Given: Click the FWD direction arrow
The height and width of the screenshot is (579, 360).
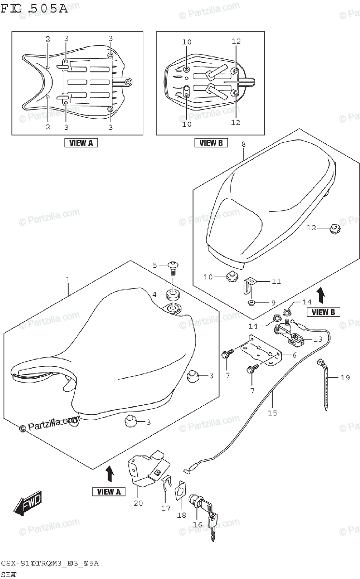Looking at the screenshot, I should (x=28, y=503).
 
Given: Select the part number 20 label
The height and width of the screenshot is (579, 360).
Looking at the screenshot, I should (x=138, y=504).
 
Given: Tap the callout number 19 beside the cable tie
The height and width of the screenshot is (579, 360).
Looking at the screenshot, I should (x=345, y=378).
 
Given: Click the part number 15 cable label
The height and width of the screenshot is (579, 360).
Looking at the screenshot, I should (x=273, y=413).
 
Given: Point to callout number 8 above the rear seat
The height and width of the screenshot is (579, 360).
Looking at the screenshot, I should (x=244, y=144).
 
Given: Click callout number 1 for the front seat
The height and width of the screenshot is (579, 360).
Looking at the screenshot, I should (x=68, y=279).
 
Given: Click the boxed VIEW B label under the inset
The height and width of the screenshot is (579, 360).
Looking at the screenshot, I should (x=211, y=142).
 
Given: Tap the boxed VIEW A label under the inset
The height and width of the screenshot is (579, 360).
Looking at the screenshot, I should (x=81, y=142).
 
